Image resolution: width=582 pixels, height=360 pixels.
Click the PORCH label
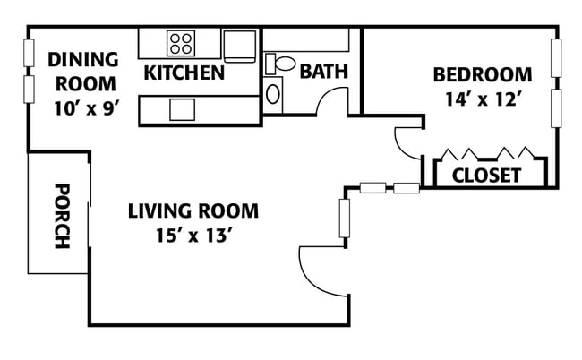click(x=63, y=216)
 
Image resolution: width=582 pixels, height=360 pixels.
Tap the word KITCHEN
click(x=184, y=73)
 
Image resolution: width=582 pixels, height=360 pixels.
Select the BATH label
click(x=324, y=72)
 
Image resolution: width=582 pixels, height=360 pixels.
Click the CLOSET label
click(x=486, y=176)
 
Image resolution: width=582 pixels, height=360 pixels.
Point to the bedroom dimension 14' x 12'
click(x=484, y=99)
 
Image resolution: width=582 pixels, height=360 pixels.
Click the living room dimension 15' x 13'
click(x=193, y=236)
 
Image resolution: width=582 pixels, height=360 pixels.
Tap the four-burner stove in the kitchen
click(x=181, y=43)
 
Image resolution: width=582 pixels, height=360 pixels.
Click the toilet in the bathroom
click(x=280, y=64)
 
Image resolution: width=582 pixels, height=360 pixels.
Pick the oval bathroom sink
click(x=273, y=94)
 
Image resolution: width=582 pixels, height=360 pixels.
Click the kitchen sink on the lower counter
click(x=183, y=109)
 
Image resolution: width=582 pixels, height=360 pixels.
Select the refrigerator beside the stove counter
click(x=240, y=46)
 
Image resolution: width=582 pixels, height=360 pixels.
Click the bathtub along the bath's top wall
click(x=306, y=39)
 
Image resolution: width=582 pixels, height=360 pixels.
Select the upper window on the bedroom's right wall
click(x=556, y=58)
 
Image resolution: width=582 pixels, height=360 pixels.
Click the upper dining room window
click(x=29, y=53)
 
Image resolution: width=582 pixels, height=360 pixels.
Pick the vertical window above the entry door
click(x=345, y=219)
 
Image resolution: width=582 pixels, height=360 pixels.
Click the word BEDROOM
click(x=483, y=74)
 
